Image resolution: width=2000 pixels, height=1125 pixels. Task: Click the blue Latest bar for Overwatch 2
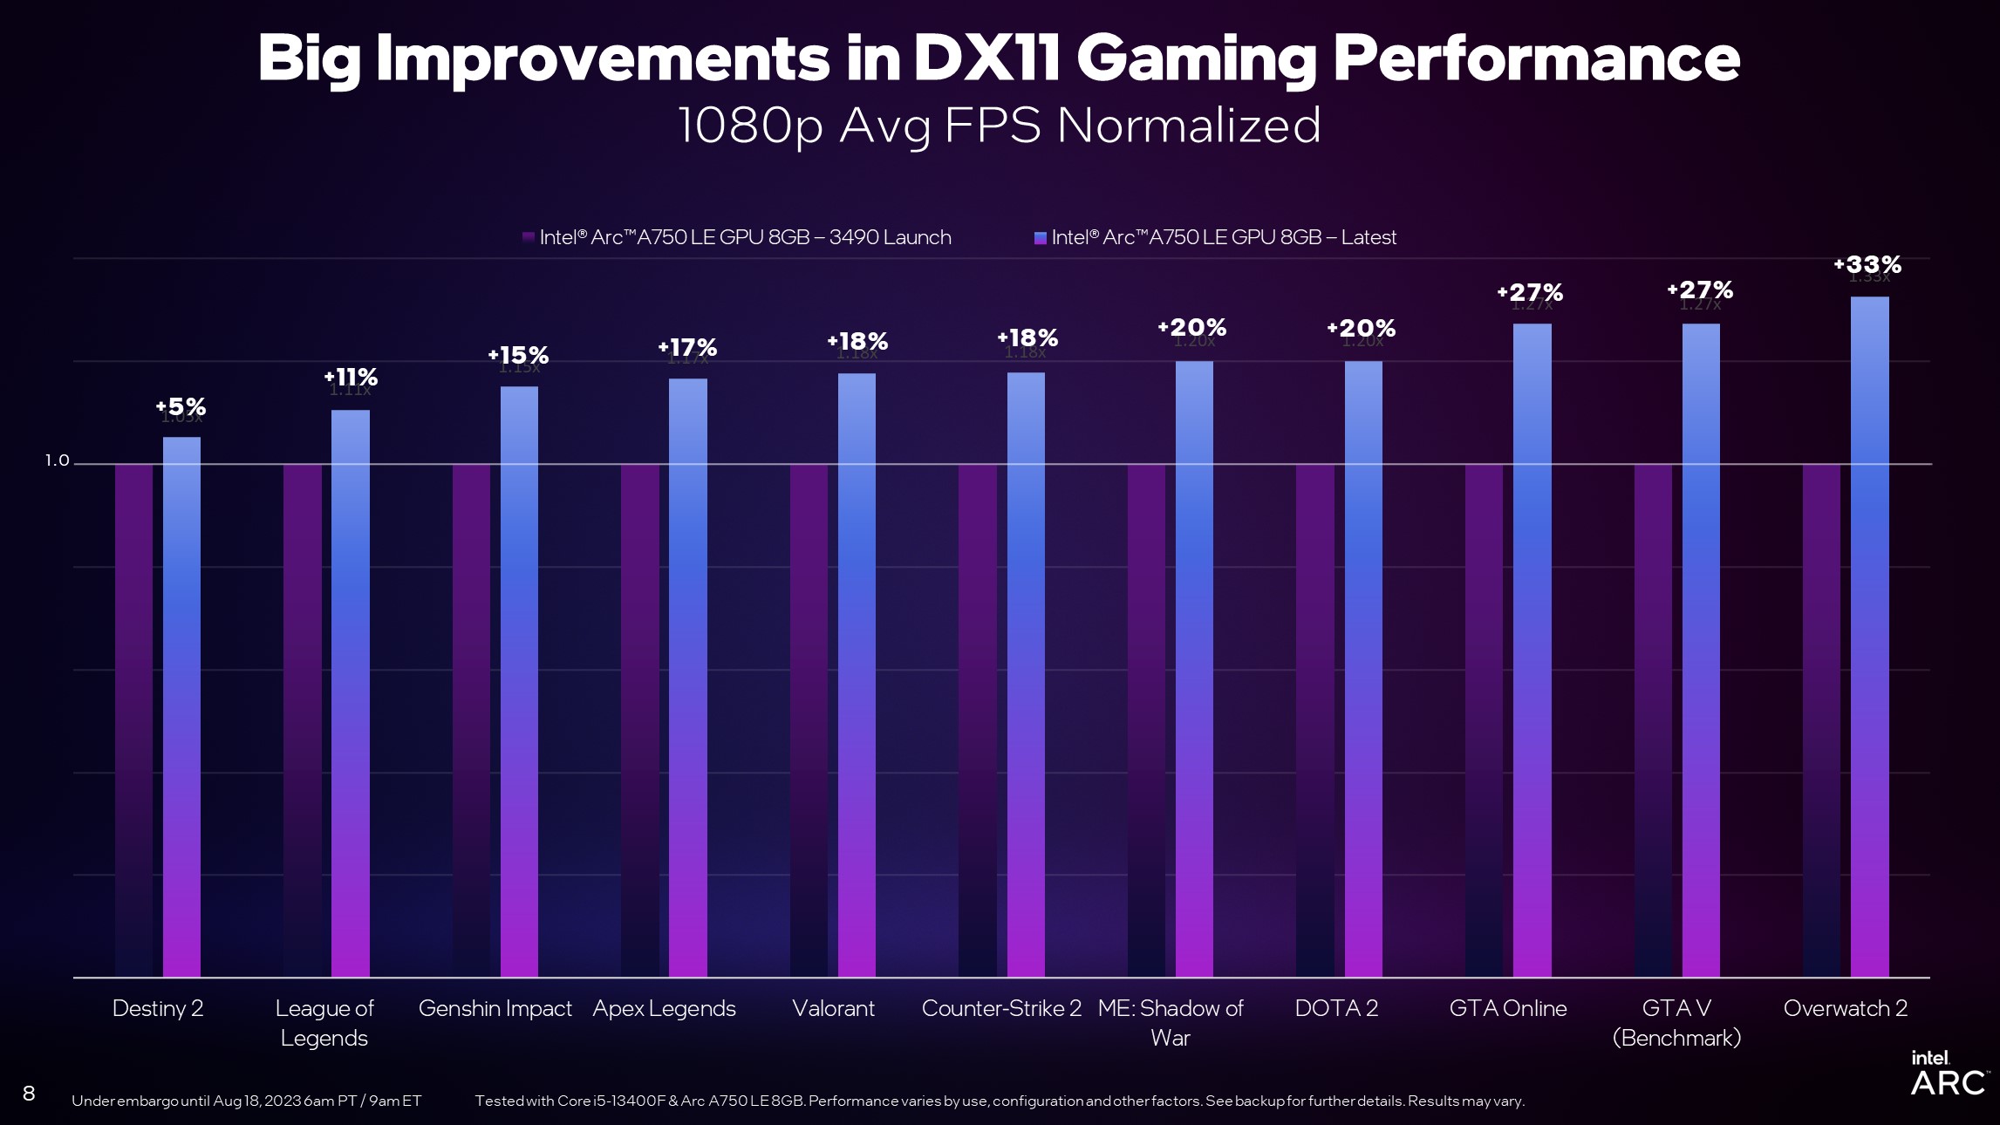1869,637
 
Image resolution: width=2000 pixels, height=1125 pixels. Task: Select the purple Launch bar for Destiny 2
133,719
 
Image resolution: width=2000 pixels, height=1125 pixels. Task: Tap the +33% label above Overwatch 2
1867,264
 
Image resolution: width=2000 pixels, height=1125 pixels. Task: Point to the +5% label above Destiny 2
181,406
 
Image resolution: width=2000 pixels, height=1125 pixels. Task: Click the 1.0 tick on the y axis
57,460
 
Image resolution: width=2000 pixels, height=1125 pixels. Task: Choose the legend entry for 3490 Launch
737,237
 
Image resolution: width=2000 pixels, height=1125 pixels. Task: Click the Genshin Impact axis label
495,1008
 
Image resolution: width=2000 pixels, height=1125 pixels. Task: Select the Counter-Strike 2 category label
1000,1008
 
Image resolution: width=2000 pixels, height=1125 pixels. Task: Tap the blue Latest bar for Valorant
857,676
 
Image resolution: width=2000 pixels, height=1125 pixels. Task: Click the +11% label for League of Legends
351,377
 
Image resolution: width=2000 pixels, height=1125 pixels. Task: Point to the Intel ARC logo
1947,1074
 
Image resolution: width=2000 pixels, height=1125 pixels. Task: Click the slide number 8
29,1094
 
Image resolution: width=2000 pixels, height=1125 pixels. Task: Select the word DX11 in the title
986,58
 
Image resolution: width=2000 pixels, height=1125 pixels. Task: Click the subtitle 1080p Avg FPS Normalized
999,126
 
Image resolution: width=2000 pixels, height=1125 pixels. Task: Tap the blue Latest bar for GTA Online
1532,650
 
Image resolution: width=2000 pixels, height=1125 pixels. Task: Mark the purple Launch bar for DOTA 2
1314,719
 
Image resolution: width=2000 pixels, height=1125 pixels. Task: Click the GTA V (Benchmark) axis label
1676,1022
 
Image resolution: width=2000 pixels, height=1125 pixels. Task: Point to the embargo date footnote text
246,1101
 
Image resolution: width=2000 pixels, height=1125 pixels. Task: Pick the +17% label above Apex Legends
687,348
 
